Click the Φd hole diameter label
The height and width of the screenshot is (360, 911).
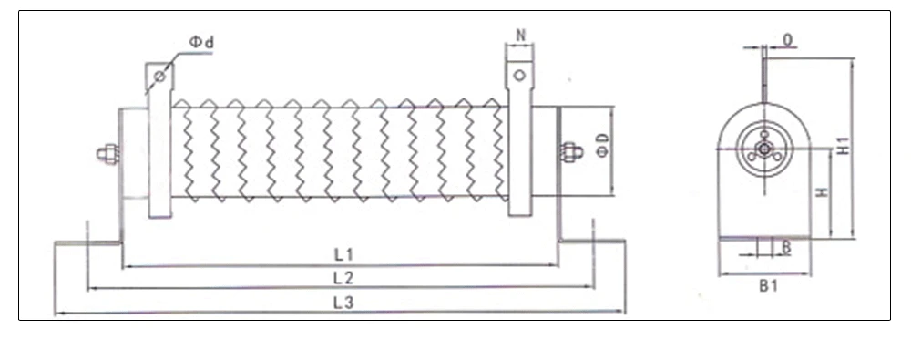click(201, 42)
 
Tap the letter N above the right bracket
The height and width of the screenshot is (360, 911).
click(520, 35)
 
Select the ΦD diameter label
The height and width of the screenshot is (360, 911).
click(601, 145)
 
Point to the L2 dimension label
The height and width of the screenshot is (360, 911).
click(343, 276)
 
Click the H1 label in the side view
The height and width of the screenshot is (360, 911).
click(844, 145)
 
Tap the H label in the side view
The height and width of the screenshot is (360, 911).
click(821, 193)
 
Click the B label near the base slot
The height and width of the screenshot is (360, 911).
click(785, 247)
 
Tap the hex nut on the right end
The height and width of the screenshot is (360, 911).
click(571, 152)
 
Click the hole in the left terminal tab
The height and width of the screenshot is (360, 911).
click(159, 77)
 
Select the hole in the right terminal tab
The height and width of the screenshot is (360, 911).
click(519, 76)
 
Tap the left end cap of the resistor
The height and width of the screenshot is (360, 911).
click(134, 153)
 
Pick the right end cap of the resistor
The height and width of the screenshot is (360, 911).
click(545, 150)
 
